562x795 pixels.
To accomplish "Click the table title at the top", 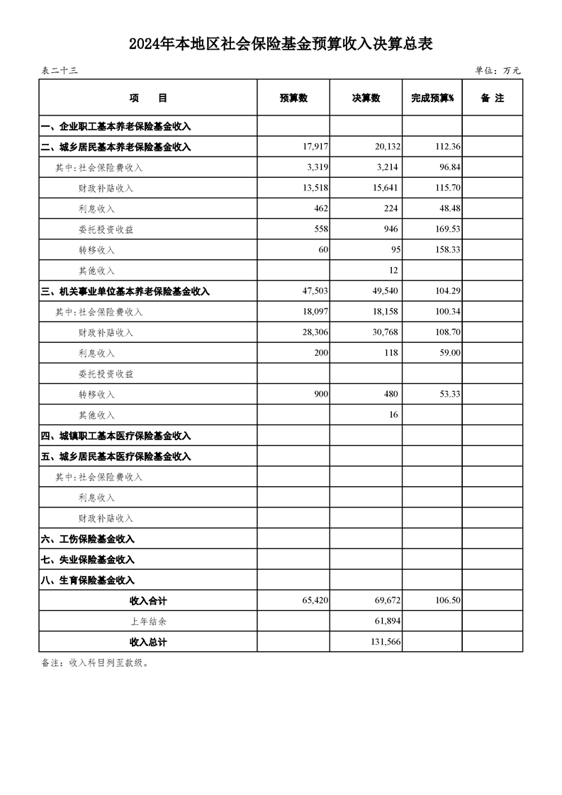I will pyautogui.click(x=281, y=45).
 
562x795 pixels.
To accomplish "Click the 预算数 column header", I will pyautogui.click(x=293, y=98).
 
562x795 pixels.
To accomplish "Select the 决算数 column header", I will pyautogui.click(x=366, y=98).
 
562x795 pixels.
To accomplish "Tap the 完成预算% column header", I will pyautogui.click(x=432, y=98).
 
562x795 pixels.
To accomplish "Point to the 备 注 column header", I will pyautogui.click(x=492, y=98).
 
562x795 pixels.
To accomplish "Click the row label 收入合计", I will pyautogui.click(x=148, y=601).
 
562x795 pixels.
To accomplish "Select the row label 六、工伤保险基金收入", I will pyautogui.click(x=88, y=539).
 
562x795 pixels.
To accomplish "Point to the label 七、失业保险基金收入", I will pyautogui.click(x=88, y=560).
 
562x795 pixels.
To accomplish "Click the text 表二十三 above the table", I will pyautogui.click(x=59, y=70).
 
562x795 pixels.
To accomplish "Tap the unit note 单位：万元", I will pyautogui.click(x=498, y=70).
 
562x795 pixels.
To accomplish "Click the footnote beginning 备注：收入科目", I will pyautogui.click(x=95, y=663).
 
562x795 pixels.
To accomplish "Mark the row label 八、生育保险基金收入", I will pyautogui.click(x=88, y=580).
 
